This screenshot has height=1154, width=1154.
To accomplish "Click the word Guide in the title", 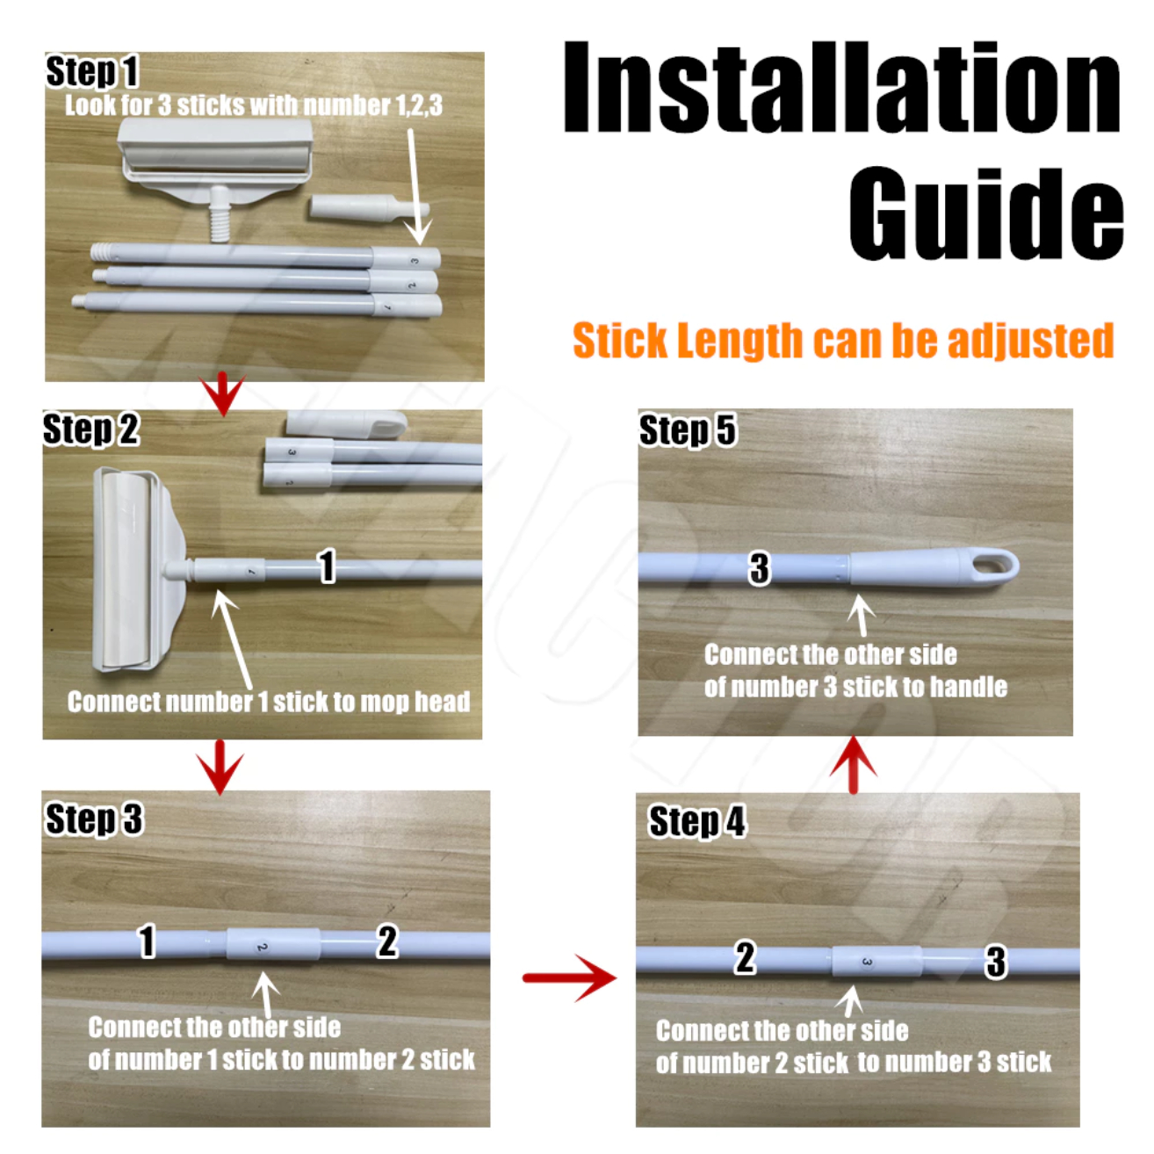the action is [x=985, y=213].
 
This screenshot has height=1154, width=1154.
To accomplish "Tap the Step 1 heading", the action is [x=92, y=72].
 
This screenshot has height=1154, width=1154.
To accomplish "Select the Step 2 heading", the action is [x=91, y=429].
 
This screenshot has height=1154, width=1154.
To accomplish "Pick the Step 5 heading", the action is [x=688, y=430].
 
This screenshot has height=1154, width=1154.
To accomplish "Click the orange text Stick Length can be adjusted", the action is [x=843, y=340].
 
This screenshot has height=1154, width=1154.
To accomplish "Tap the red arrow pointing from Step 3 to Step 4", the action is [x=569, y=978].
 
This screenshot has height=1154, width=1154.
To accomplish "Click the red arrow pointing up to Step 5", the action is [x=854, y=765].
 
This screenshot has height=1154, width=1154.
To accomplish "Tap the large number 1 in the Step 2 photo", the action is [x=327, y=566].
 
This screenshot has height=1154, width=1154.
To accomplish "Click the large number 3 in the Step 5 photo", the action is [x=760, y=567].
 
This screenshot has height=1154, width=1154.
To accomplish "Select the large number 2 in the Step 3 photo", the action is [x=387, y=941].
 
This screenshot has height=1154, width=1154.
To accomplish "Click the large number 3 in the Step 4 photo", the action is [x=996, y=962].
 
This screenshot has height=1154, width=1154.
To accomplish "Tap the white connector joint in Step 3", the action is [x=273, y=944].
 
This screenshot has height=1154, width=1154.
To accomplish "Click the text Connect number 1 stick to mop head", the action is [x=269, y=702].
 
